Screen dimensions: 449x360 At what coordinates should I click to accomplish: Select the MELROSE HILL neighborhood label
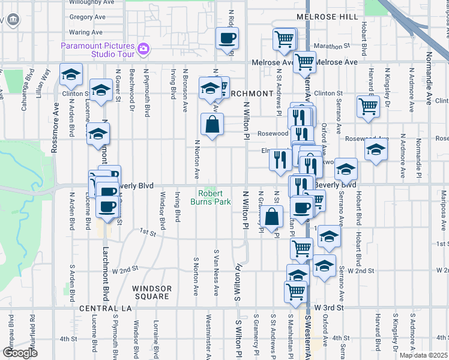331,17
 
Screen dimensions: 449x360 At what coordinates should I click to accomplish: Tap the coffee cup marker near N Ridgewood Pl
227,39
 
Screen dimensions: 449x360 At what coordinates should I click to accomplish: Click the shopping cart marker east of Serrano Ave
368,106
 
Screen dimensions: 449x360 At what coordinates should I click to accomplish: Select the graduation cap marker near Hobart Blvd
376,150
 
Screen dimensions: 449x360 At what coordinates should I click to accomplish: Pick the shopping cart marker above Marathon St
284,40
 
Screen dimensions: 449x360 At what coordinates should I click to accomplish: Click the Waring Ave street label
86,32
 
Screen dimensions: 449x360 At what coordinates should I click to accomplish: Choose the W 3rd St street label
328,308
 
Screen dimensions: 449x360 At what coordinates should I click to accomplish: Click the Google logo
20,353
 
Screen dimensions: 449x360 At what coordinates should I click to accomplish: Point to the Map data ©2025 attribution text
423,355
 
